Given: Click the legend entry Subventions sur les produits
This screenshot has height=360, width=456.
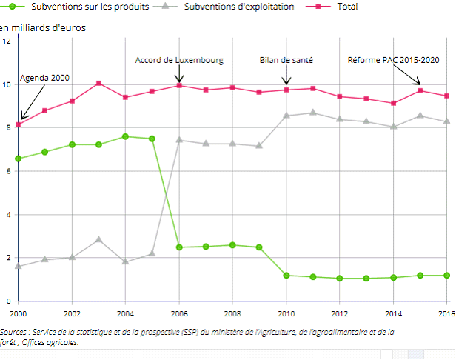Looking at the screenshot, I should pyautogui.click(x=84, y=7).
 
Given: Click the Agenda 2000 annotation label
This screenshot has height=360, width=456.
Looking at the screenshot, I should pyautogui.click(x=45, y=77).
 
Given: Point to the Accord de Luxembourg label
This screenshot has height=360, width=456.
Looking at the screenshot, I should pyautogui.click(x=179, y=60).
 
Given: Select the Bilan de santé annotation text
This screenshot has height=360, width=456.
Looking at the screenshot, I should pyautogui.click(x=286, y=60).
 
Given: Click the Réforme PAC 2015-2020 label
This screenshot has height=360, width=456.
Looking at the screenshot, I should pyautogui.click(x=394, y=60).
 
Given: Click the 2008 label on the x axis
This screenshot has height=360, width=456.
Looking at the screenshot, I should pyautogui.click(x=232, y=314).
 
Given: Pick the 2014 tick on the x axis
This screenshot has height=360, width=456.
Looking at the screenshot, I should pyautogui.click(x=393, y=314).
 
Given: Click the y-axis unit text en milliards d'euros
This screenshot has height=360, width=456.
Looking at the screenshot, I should pyautogui.click(x=43, y=28).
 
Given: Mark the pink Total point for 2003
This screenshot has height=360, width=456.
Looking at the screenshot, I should pyautogui.click(x=98, y=83).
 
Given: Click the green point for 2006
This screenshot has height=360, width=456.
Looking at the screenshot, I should pyautogui.click(x=179, y=247).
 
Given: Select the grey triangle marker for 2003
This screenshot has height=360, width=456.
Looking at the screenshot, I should pyautogui.click(x=98, y=239).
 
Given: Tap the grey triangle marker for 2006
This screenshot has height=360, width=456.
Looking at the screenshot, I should pyautogui.click(x=179, y=139).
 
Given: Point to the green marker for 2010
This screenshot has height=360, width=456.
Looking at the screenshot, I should pyautogui.click(x=286, y=276).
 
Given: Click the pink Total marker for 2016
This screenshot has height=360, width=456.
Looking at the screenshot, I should pyautogui.click(x=447, y=96).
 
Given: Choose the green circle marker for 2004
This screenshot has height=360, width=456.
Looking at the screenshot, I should pyautogui.click(x=125, y=136).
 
